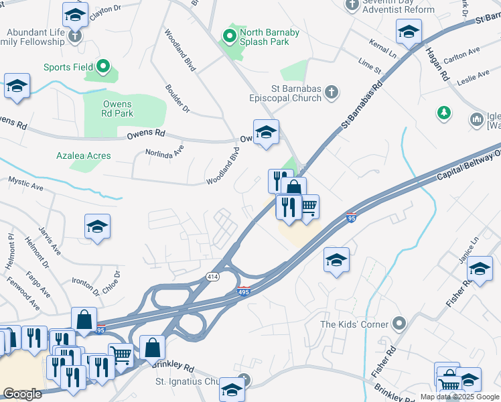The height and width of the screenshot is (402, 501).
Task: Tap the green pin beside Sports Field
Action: [x=102, y=66]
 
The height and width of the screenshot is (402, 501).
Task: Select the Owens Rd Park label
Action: [x=117, y=109]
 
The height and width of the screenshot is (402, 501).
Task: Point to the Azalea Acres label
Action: [x=84, y=155]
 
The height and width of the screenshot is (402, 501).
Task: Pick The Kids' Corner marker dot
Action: [x=399, y=324]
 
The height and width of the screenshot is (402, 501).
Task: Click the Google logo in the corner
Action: [x=22, y=394]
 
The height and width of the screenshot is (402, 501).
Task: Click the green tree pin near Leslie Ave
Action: [x=443, y=113]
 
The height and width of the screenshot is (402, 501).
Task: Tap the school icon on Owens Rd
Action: [x=266, y=132]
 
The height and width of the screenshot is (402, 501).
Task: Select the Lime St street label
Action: [x=369, y=66]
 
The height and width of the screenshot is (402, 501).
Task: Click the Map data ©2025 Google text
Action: [x=459, y=397]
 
